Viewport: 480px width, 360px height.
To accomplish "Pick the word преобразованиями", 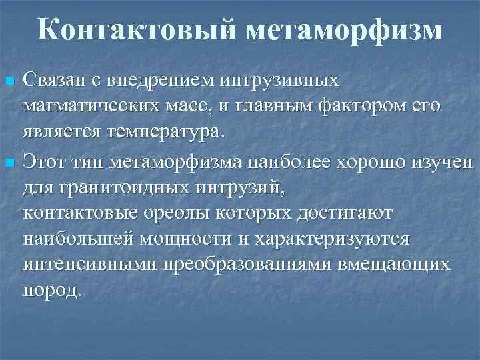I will (243, 264).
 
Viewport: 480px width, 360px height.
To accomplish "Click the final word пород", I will (53, 290).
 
